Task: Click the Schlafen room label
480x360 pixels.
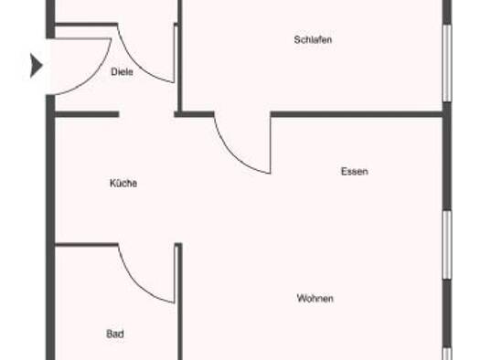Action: coord(313,40)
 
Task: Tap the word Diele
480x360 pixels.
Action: coord(122,72)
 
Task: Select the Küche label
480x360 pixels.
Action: coord(123,184)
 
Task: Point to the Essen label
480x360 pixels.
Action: coord(355,171)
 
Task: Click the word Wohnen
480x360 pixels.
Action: coord(315,298)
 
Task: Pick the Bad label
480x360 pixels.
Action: coord(115,334)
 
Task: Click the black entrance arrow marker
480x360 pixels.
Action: coord(36,65)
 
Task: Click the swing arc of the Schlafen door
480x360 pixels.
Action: coord(233,155)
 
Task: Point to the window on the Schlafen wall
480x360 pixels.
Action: coord(447,63)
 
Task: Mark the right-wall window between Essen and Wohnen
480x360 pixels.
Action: coord(447,244)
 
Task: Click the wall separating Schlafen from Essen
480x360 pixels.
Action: coord(357,114)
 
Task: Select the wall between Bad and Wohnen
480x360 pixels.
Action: coord(180,302)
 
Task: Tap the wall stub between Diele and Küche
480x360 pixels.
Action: coord(87,114)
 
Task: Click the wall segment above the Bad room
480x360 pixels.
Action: coord(86,244)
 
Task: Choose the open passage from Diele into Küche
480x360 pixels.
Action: coord(146,114)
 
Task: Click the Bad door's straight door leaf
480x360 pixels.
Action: coord(176,274)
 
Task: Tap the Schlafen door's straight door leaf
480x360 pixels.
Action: coord(271,143)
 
